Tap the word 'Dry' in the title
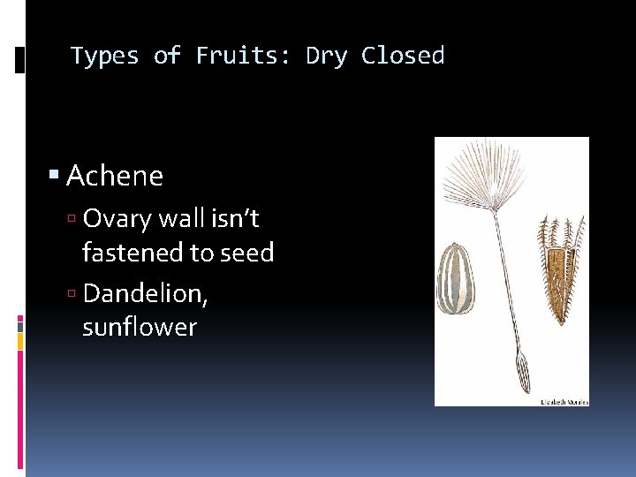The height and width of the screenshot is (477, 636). point(327,56)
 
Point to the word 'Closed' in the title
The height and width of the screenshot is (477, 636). point(403,56)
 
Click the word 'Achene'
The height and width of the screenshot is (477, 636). point(115,176)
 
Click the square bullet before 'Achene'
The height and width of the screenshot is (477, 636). point(55,176)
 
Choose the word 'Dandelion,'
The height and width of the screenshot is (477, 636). point(146,292)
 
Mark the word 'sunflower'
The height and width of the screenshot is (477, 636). point(140,328)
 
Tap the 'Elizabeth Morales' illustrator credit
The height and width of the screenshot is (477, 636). point(564,402)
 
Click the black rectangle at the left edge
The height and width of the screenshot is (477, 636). point(20,60)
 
